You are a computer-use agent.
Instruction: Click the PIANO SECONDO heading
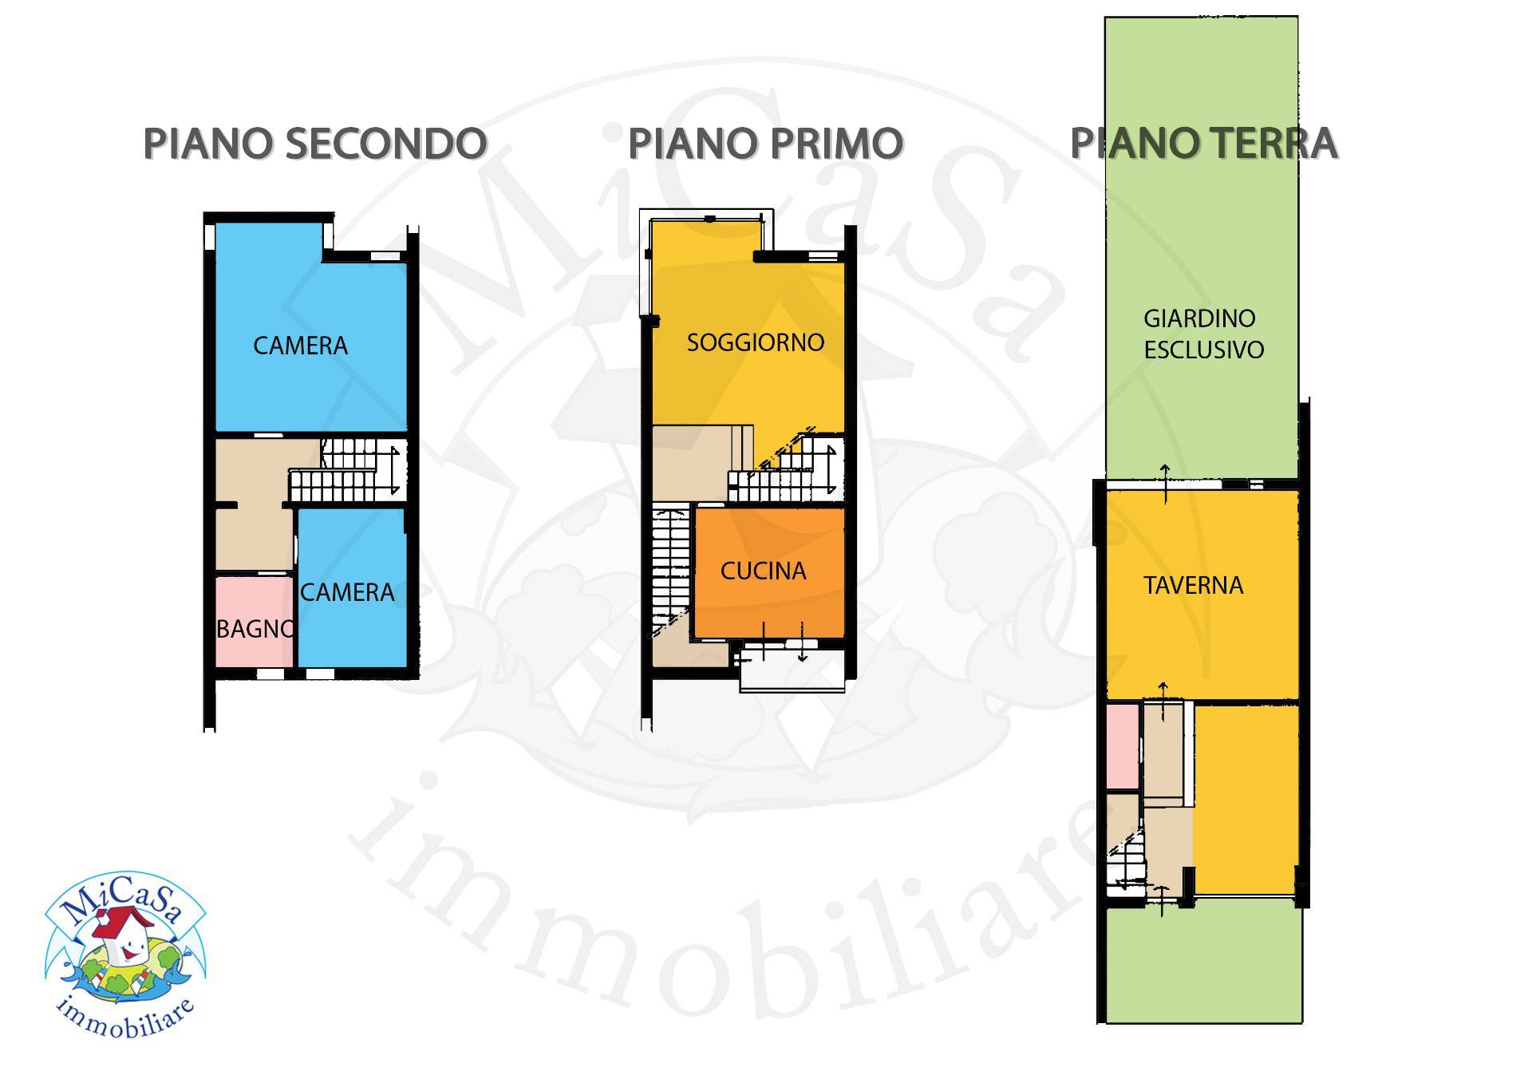[314, 144]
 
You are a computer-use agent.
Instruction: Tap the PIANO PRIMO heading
[765, 144]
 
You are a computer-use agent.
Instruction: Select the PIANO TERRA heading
[1202, 144]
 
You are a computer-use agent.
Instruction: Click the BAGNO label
[254, 629]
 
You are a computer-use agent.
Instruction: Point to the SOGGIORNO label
[755, 342]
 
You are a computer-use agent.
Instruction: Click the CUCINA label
[763, 571]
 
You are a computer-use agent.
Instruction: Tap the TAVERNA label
[1193, 586]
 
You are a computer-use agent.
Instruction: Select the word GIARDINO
[1198, 318]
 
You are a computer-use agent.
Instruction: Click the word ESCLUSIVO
[1203, 350]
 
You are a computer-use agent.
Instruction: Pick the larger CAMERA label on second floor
[300, 346]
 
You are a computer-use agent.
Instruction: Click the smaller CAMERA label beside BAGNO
[347, 592]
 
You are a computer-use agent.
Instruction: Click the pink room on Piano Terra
[1123, 745]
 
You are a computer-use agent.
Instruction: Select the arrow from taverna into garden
[1165, 483]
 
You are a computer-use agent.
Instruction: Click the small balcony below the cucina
[792, 669]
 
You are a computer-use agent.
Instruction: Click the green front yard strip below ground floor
[1203, 966]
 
